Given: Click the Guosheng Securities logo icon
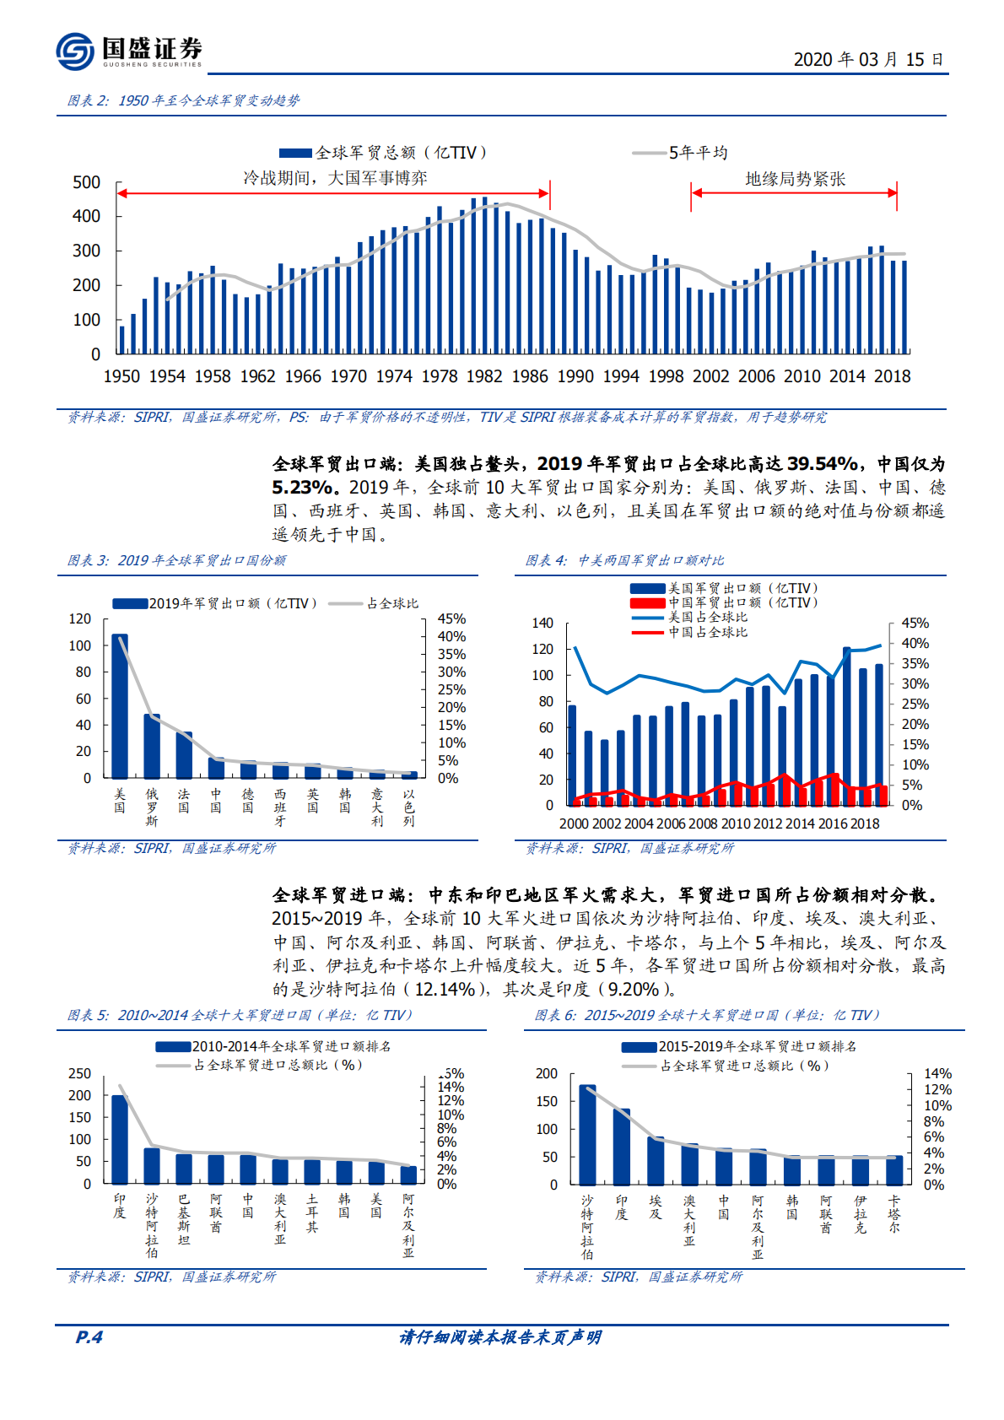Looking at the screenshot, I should (75, 51).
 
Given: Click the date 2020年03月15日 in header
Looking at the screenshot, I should (868, 59).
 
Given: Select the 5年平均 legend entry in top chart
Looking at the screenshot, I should (697, 153).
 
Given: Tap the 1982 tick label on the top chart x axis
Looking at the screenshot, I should (483, 376).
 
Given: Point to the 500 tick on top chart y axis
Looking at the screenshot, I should (86, 182).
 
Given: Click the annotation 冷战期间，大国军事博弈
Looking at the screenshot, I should (335, 178).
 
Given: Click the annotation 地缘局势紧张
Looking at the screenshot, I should (795, 179).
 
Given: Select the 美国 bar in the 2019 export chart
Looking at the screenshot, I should (120, 705).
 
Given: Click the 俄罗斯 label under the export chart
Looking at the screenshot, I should (152, 807).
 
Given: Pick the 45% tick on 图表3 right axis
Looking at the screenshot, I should (451, 618).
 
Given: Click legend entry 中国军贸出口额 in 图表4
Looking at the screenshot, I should (742, 602).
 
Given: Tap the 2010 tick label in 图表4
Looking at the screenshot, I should (735, 823).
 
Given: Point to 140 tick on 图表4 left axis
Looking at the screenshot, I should (542, 623).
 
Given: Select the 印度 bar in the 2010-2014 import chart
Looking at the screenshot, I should (120, 1139).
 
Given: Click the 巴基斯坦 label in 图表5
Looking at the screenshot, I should (184, 1219).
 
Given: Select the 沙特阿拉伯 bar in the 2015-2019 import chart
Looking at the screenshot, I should (587, 1135).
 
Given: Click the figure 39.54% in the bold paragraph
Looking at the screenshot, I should (823, 463).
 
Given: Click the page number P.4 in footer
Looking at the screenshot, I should (89, 1336).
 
